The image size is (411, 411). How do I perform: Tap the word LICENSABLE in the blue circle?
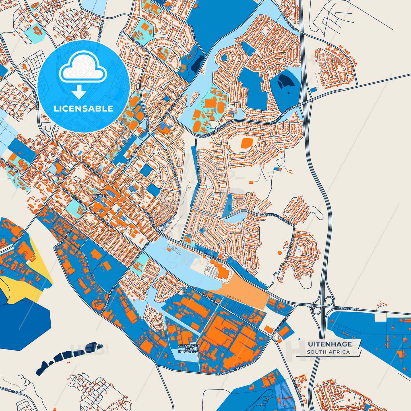83,109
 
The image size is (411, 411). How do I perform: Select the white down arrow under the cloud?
79,92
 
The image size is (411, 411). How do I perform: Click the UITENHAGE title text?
330,344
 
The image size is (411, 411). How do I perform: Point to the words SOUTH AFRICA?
328,352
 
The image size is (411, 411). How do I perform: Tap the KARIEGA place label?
100,196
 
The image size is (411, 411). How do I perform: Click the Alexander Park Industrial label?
188,349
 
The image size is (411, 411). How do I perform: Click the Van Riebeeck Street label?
275,219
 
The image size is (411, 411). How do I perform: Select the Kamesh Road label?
36,98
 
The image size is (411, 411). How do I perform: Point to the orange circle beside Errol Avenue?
279,252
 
